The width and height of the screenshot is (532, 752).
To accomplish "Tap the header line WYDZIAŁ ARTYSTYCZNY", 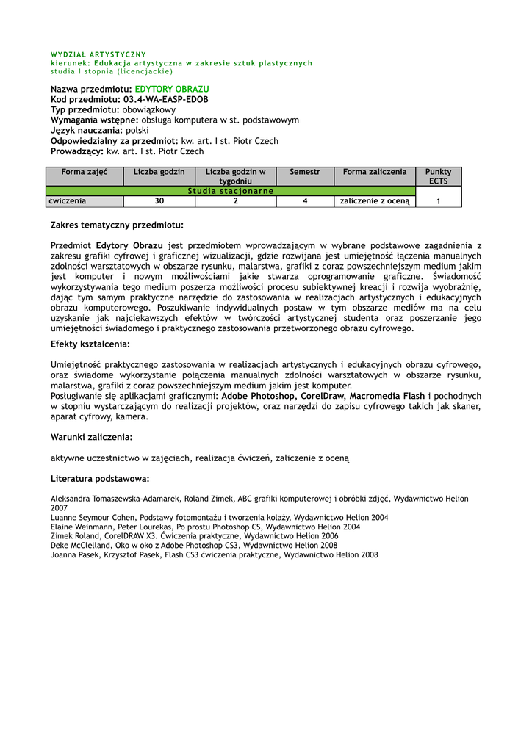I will (98, 54).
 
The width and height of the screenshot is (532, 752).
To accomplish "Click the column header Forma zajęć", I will (85, 172).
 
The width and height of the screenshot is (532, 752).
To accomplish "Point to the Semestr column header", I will (305, 172).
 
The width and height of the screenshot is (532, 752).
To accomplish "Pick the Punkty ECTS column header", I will (439, 176).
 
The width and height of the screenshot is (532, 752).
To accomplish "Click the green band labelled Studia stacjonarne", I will (231, 191).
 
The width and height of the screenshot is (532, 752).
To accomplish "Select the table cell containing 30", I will (159, 201).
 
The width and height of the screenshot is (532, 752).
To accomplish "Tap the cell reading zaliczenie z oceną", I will (375, 201).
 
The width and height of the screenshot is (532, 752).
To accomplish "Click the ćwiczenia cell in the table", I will (68, 200).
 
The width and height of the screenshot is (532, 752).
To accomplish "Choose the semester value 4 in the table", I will (305, 201).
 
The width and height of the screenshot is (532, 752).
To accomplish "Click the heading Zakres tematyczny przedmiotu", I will (117, 225).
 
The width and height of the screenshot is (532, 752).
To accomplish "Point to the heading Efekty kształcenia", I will (90, 344).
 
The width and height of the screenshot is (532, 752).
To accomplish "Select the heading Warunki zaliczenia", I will (92, 437).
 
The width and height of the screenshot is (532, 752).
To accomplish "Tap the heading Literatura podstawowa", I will (100, 479).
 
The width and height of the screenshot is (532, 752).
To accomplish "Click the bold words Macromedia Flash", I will (388, 396).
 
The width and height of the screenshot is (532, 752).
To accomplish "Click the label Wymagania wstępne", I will (94, 120).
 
